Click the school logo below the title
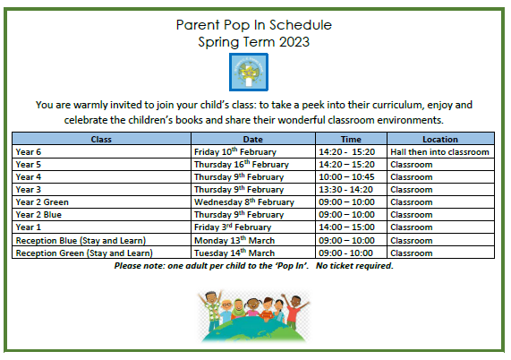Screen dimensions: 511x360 tap(249, 72)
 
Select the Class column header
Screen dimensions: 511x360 tap(101, 139)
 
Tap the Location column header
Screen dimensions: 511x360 tap(440, 139)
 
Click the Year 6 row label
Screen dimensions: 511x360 tap(29, 152)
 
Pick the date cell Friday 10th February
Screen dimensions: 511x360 tap(235, 151)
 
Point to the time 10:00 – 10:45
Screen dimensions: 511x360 tap(346, 177)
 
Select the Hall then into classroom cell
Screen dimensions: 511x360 tap(439, 152)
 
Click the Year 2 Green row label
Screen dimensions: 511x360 tap(42, 202)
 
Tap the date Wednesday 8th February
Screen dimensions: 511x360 tap(244, 201)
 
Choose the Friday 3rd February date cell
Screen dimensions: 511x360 tap(233, 227)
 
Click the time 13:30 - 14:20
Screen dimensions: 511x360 tap(345, 190)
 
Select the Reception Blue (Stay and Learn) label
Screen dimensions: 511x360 tap(81, 241)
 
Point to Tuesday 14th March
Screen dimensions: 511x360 tap(234, 253)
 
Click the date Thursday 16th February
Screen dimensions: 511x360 tap(242, 164)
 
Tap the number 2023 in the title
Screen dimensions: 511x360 tap(294, 42)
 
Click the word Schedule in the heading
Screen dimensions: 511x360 tap(301, 25)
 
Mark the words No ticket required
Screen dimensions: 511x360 tap(354, 266)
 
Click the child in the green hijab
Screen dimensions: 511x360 tap(238, 309)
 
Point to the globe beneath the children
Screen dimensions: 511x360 tap(253, 330)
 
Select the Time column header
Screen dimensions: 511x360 tap(351, 139)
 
